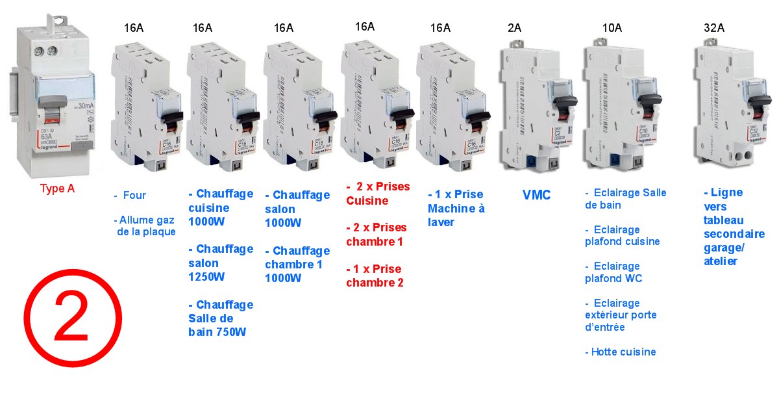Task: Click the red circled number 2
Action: [x=72, y=317]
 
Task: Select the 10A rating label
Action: [x=612, y=28]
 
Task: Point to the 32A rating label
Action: [x=715, y=28]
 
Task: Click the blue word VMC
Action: [x=536, y=194]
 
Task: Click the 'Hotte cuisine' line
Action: [x=621, y=352]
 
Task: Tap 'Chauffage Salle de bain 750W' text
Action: [x=221, y=318]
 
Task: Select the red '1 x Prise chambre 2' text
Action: [x=375, y=276]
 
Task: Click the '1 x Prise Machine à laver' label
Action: [x=456, y=208]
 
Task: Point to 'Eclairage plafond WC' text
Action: [x=613, y=272]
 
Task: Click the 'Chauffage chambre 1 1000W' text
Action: [x=297, y=264]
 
